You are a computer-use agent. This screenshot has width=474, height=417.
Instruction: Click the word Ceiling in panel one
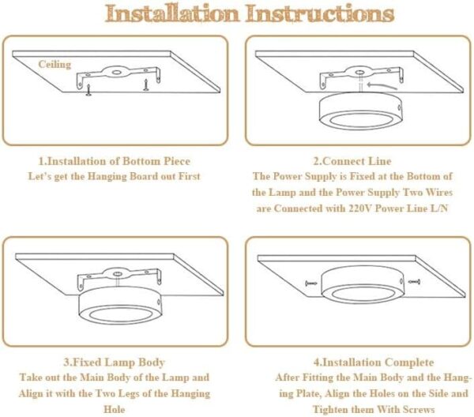click(55, 65)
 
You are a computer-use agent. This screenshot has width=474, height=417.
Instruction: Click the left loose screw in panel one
click(88, 90)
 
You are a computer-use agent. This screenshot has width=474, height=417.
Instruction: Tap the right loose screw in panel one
click(146, 85)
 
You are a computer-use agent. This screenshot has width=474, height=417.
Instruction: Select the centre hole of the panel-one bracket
click(116, 73)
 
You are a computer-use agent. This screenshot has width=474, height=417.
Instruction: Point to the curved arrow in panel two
click(382, 85)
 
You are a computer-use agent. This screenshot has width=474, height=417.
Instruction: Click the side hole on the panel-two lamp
click(399, 107)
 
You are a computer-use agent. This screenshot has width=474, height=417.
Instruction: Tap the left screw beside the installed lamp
click(311, 284)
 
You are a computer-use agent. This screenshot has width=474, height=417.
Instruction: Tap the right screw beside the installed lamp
click(414, 282)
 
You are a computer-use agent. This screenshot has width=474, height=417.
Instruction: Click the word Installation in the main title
click(172, 13)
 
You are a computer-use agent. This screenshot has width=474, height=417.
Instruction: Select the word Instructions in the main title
click(320, 13)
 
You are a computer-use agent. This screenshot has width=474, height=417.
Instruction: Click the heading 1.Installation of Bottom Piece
click(115, 161)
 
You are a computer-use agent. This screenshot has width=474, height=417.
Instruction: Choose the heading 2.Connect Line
click(352, 161)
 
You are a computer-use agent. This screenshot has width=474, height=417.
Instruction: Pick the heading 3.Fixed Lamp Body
click(115, 362)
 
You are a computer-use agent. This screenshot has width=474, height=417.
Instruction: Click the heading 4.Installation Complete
click(374, 362)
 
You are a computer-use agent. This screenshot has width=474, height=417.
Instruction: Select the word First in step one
click(190, 176)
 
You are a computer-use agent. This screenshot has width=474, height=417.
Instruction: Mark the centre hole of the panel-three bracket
click(117, 274)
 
